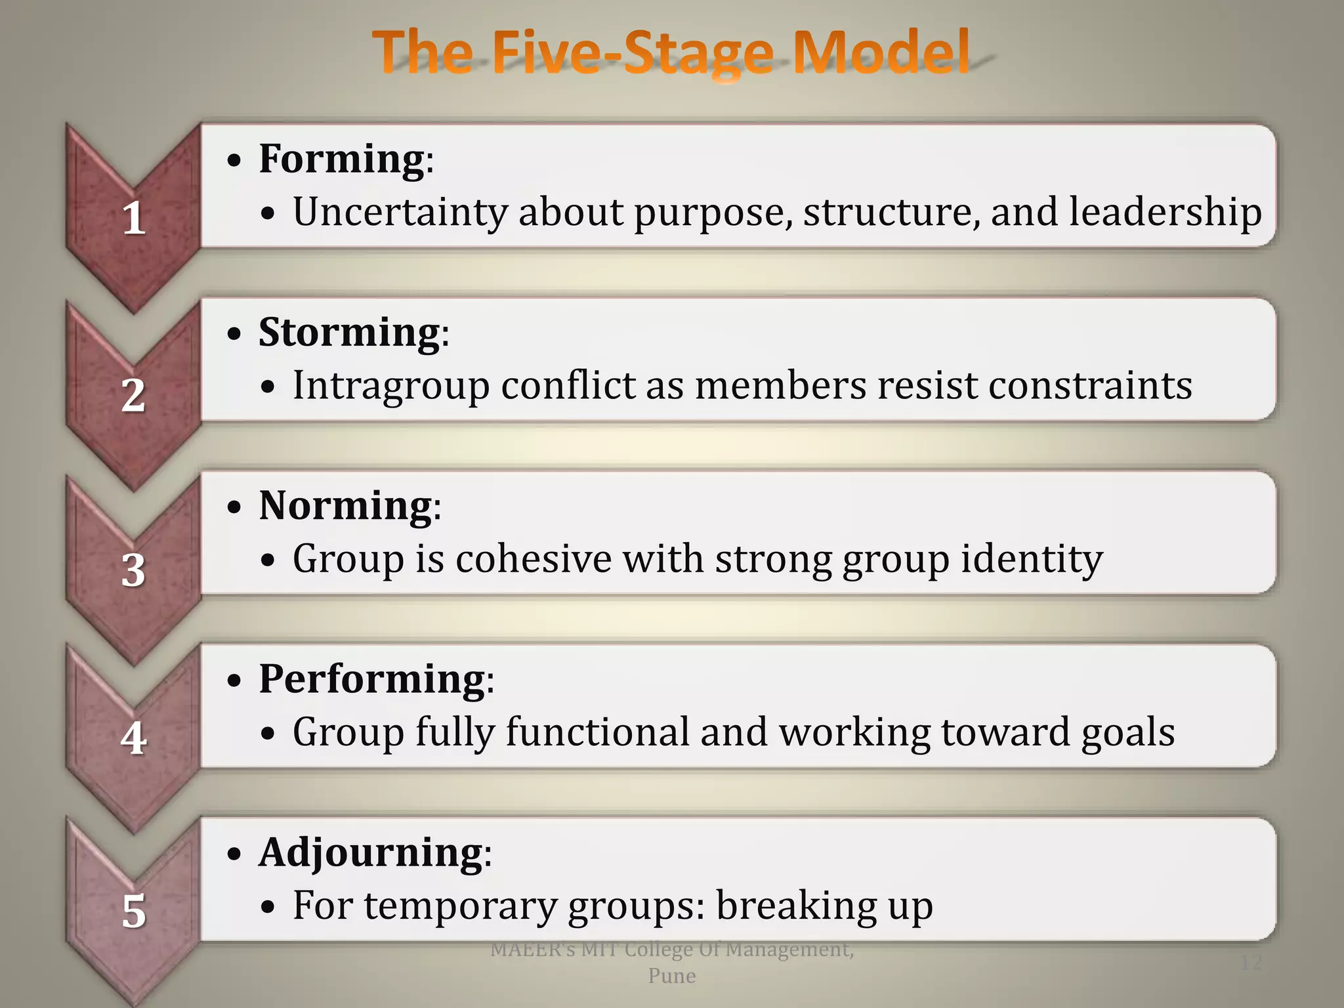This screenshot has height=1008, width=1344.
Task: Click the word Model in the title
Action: coord(881,52)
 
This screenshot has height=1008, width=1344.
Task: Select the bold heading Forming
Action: coord(342,159)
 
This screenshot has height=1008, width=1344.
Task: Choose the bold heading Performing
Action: coord(372,680)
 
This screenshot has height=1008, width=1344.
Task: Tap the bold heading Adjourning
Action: coord(371,853)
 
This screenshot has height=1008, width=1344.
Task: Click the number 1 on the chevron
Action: coord(134,218)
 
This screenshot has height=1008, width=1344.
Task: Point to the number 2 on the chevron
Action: coord(133,395)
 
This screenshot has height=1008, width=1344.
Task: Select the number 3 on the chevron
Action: coord(133,570)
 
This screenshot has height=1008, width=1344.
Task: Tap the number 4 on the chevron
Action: coord(134,738)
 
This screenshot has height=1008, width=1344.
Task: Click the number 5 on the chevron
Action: coord(134,912)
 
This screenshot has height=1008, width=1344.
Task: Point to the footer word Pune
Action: coord(672,976)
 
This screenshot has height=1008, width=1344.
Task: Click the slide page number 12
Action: coord(1251,963)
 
